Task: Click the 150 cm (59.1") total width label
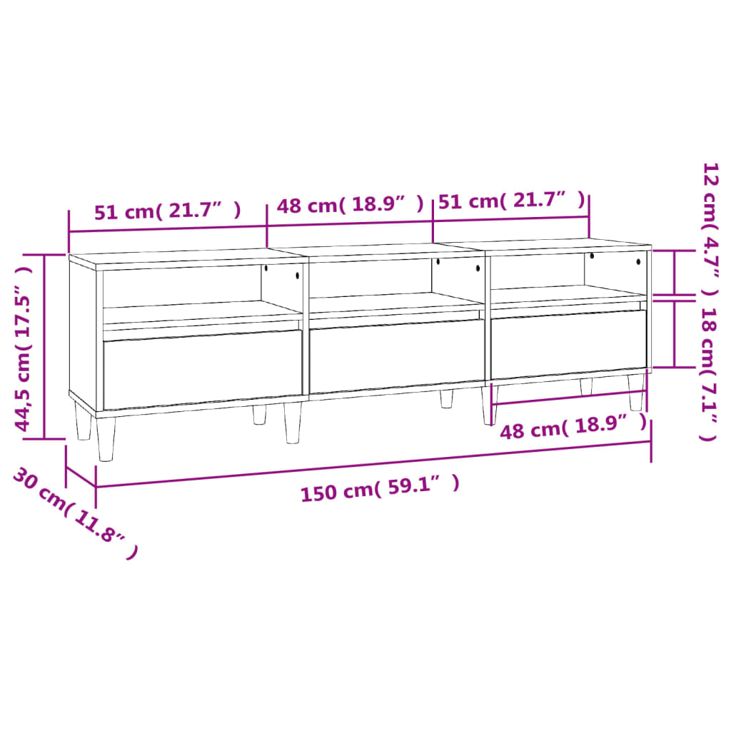(x=379, y=489)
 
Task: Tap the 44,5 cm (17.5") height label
(x=24, y=350)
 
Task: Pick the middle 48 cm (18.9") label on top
(x=350, y=206)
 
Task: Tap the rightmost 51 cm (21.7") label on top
(x=511, y=201)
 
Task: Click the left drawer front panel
(x=203, y=369)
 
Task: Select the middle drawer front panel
(x=397, y=356)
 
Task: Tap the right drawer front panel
(x=568, y=344)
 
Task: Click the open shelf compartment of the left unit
(x=182, y=289)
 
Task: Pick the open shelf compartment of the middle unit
(x=371, y=280)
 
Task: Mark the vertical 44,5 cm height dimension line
(x=44, y=346)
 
